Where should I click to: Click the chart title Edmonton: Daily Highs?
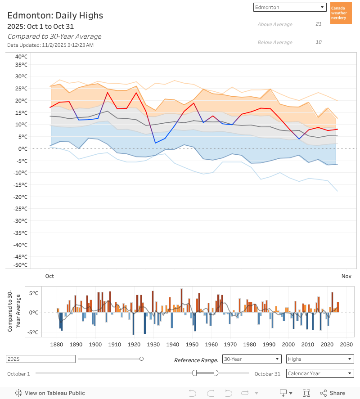55,16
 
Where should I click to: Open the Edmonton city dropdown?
290,7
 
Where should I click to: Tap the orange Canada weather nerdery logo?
341,13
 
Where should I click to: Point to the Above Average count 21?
319,24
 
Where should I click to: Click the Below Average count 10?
319,42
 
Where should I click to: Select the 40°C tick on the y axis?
21,57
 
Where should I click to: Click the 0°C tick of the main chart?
22,148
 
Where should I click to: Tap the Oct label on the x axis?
49,276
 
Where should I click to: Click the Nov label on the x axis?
346,276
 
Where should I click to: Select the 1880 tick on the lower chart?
57,345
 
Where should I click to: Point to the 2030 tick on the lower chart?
346,345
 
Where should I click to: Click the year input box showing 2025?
40,359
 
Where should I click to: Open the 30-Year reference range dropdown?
252,359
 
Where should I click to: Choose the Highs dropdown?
320,359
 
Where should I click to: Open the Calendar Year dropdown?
320,373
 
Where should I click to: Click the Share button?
333,393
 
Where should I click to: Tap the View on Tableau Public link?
50,393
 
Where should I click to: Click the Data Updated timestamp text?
50,45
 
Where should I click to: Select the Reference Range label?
196,360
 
